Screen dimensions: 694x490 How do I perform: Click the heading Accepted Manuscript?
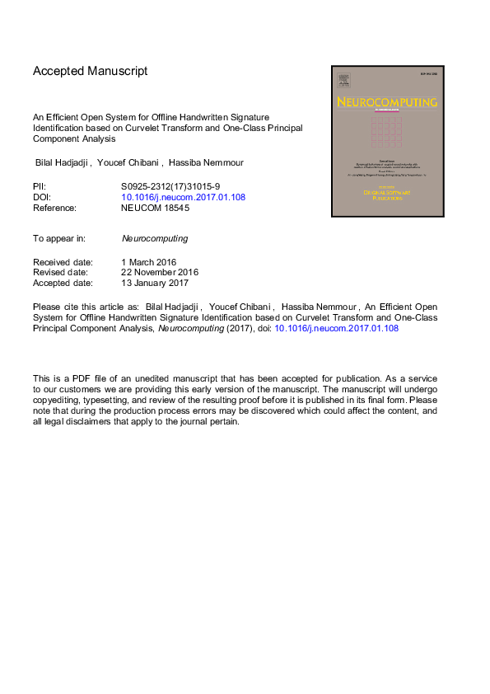(x=91, y=71)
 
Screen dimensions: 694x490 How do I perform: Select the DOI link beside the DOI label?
(x=183, y=197)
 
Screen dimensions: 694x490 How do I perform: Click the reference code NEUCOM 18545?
(x=155, y=209)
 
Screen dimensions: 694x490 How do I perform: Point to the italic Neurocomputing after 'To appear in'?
(x=154, y=238)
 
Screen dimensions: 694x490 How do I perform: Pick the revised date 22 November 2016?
(x=160, y=272)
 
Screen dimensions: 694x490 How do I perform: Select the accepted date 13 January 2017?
(x=156, y=283)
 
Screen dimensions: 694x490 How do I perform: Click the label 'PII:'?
(x=40, y=186)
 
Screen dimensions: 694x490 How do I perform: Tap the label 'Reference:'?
(x=54, y=209)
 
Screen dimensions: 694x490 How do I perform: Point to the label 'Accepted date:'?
(x=63, y=283)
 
